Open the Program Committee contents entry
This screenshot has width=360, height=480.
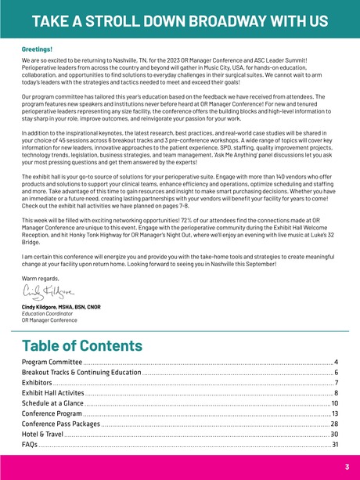(x=52, y=363)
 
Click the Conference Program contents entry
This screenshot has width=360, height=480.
(x=52, y=413)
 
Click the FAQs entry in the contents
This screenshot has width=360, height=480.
(x=31, y=444)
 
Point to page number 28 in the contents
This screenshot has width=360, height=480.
(x=334, y=424)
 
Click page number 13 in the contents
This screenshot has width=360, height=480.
(x=334, y=413)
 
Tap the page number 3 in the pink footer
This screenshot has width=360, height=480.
(x=346, y=467)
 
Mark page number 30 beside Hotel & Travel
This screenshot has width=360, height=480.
(x=334, y=434)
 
